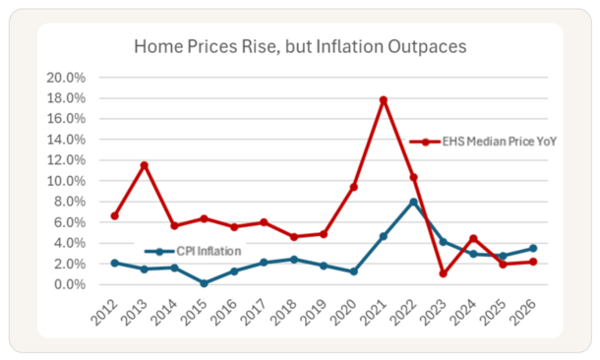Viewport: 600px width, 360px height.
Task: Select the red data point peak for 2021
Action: [x=384, y=100]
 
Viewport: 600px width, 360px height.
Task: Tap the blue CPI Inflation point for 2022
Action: [x=414, y=203]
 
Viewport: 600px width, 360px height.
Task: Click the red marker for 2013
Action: [x=145, y=165]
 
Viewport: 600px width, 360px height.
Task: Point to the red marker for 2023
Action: [x=444, y=273]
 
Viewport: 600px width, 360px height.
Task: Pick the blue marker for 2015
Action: [x=205, y=283]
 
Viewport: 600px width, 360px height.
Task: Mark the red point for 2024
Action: [x=474, y=238]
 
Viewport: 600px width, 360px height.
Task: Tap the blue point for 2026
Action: [x=534, y=249]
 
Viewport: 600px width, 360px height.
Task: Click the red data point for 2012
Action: [x=115, y=215]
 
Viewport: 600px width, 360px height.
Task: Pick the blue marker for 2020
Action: [x=354, y=271]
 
